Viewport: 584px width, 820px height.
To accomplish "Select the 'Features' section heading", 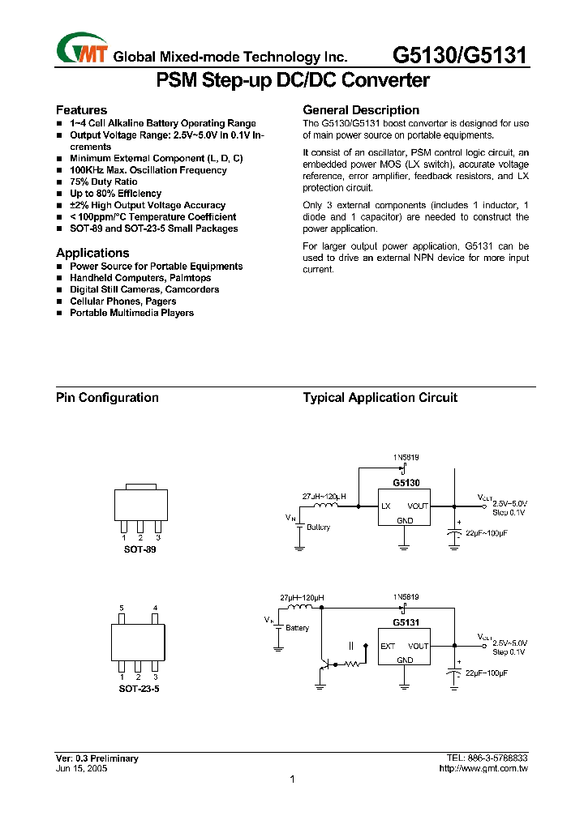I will coord(81,110).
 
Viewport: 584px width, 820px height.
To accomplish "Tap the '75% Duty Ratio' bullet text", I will coord(104,182).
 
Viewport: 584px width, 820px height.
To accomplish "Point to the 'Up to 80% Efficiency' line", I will coord(115,194).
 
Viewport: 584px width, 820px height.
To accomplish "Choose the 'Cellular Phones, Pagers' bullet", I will coord(122,301).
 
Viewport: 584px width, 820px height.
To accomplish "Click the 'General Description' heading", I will coord(361,110).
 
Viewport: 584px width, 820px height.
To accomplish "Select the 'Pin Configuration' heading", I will coord(107,398).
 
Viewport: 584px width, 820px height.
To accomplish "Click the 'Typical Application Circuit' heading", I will coord(380,398).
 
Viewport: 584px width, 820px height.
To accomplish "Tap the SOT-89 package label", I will coord(140,549).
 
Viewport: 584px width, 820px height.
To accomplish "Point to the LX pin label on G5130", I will coord(386,506).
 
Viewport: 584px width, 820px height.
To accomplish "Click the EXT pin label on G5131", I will coord(388,646).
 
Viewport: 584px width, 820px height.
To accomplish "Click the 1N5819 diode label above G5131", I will coord(406,597).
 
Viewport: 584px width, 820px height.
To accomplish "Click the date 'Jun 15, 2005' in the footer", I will coord(81,768).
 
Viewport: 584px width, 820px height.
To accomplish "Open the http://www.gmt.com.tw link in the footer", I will coord(483,768).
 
